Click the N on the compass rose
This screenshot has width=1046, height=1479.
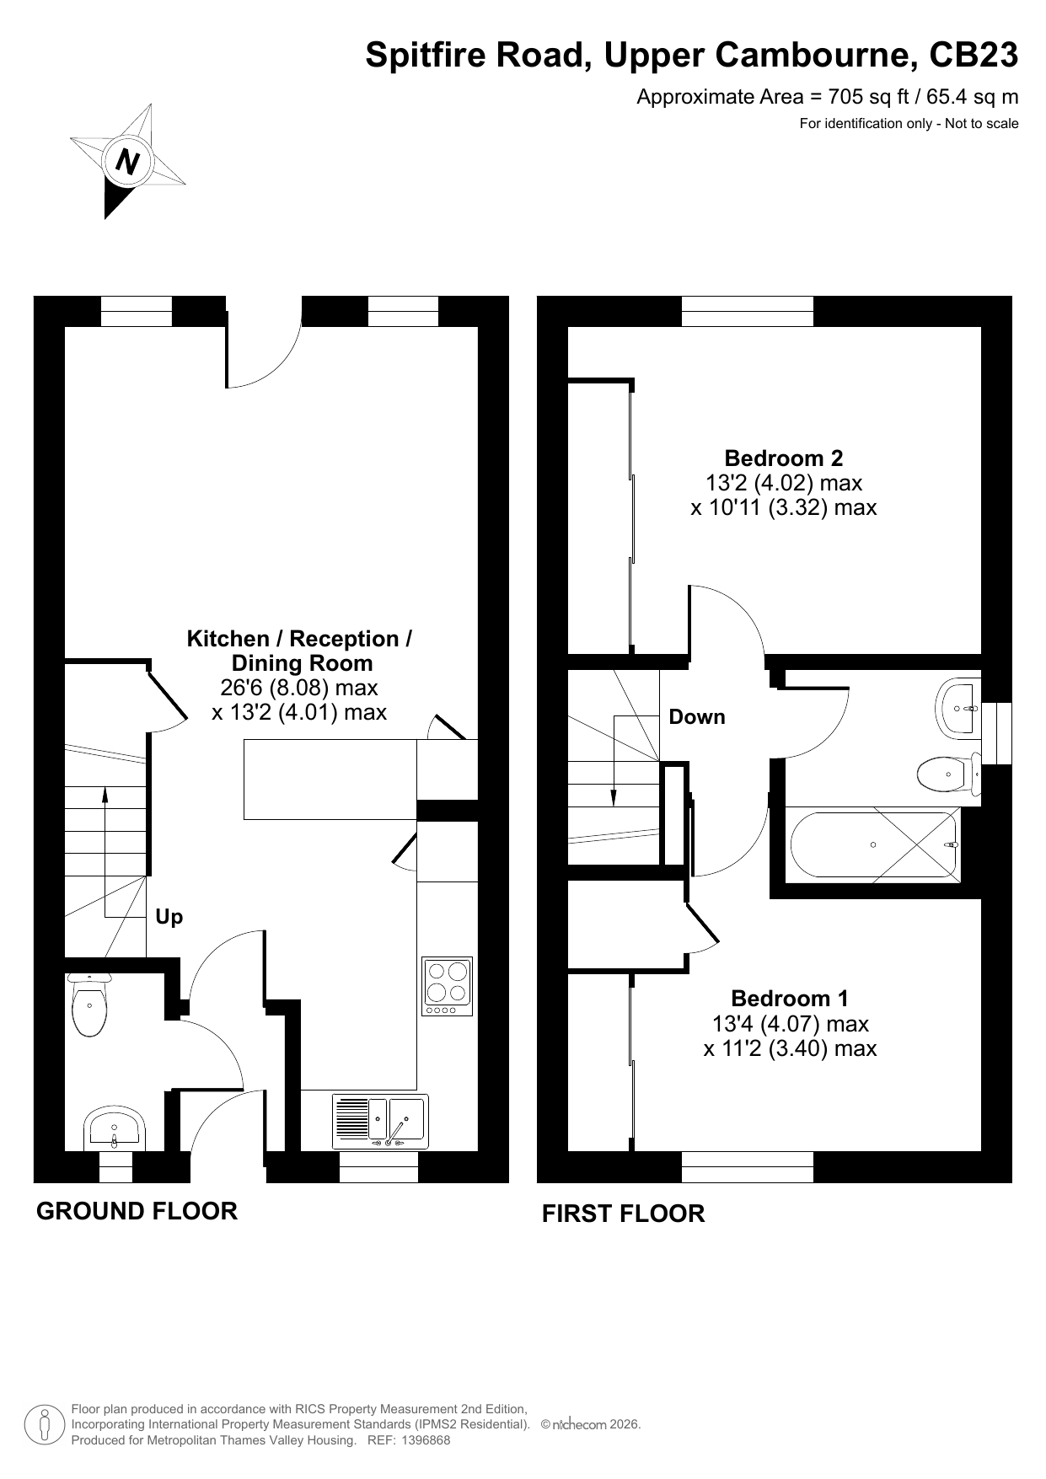tap(128, 160)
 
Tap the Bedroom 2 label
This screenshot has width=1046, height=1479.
tap(783, 458)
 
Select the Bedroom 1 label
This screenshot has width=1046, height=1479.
tap(790, 999)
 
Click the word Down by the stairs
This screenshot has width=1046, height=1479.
tap(696, 717)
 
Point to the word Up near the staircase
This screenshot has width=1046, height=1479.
tap(169, 917)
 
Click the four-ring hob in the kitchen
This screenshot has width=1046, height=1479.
tap(447, 987)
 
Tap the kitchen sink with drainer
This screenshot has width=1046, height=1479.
tap(380, 1121)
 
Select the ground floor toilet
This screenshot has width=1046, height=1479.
tap(89, 1004)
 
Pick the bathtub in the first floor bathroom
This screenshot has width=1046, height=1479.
tap(874, 845)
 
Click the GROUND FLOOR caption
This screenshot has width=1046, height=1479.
tap(137, 1211)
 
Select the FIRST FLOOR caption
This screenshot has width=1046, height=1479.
tap(623, 1214)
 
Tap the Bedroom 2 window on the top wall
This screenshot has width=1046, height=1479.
tap(748, 311)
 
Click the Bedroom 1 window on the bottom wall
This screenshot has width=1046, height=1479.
tap(748, 1166)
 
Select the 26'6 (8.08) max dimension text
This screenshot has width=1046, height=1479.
tap(299, 688)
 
